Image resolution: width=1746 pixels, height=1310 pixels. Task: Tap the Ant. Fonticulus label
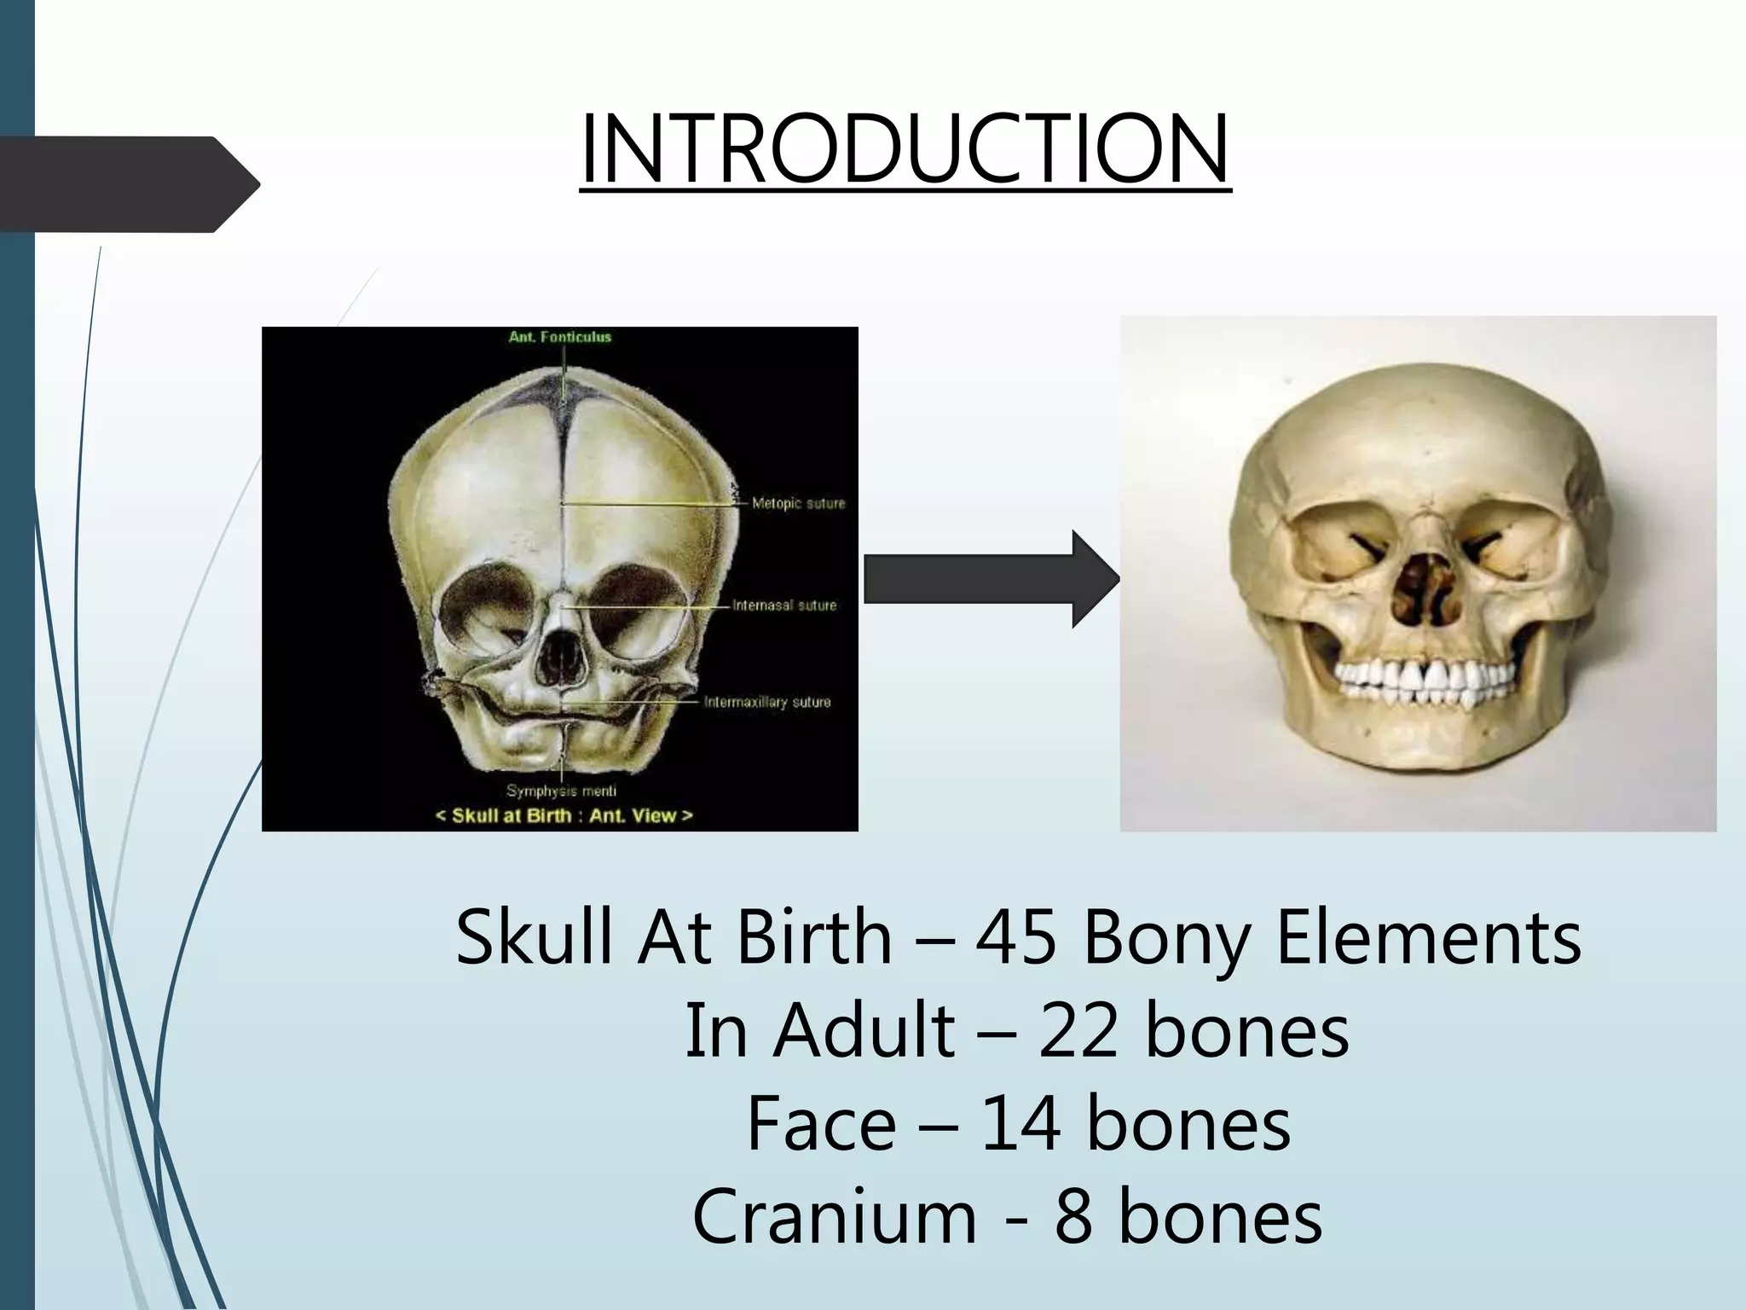tap(559, 337)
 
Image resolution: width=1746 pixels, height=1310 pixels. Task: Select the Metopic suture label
tap(798, 503)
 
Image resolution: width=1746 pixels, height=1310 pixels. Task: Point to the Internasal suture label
tap(784, 606)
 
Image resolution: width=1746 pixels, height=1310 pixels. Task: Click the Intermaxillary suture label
tap(766, 702)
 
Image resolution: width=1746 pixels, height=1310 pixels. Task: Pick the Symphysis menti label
tap(561, 791)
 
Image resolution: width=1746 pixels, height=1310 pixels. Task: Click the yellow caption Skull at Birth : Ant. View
tap(564, 815)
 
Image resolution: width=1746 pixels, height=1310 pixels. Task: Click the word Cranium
tap(834, 1216)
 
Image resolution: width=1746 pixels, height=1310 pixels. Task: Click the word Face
tap(821, 1124)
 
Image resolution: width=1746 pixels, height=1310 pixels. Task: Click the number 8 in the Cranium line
tap(1073, 1216)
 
